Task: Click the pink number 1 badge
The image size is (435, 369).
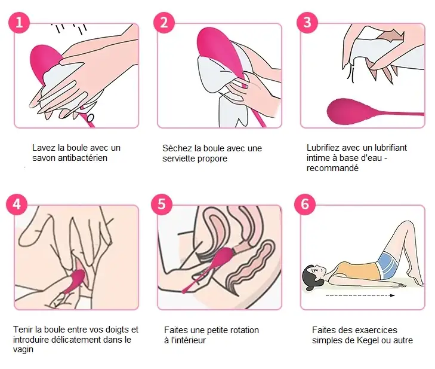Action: coord(19,22)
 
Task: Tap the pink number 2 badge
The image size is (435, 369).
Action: coord(164,22)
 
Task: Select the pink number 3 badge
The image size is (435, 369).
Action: coord(307,22)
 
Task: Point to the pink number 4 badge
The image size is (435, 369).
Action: coord(17,205)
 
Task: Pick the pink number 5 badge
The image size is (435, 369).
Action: coord(162,205)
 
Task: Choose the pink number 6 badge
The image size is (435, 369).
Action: coord(305,205)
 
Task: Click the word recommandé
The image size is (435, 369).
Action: coord(332,168)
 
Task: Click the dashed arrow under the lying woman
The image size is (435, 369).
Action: coord(360,295)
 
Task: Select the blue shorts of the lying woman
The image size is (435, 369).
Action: coord(388,264)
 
